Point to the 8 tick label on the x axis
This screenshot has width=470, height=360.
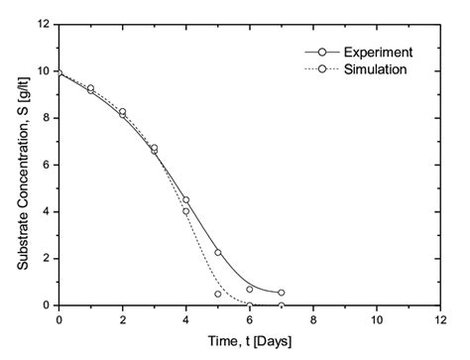(313, 320)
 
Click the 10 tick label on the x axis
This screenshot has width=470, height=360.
(377, 320)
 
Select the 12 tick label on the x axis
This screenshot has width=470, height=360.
(440, 320)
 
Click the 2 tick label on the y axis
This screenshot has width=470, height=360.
(47, 259)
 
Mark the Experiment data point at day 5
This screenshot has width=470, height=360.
(218, 252)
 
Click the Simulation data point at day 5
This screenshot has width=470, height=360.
(218, 294)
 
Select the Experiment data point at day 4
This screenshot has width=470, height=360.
(186, 199)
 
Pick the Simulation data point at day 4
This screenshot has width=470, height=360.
(186, 211)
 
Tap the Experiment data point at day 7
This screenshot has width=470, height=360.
(282, 293)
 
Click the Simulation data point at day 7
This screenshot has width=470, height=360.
(282, 305)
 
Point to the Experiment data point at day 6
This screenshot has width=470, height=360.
(250, 289)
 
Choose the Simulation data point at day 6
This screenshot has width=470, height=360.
(250, 305)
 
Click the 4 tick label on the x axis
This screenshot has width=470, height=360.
(186, 320)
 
